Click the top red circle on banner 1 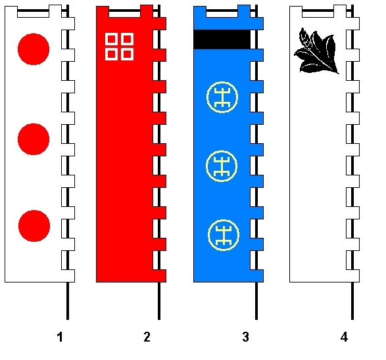[x=34, y=49]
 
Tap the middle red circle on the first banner [x=34, y=139]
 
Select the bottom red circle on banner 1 [x=34, y=226]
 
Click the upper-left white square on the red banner [x=112, y=39]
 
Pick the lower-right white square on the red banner [x=128, y=54]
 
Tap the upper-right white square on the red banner [x=128, y=39]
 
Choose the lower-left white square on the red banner [x=112, y=54]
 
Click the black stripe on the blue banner [x=222, y=39]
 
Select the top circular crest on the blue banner [x=222, y=97]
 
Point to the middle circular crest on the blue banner [x=222, y=166]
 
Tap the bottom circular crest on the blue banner [x=224, y=235]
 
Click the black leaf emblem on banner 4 [x=317, y=51]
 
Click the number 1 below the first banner [x=60, y=337]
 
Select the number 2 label [x=147, y=337]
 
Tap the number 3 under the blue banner [x=245, y=337]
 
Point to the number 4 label [x=344, y=337]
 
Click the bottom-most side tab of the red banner [x=160, y=276]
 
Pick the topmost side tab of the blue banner [x=257, y=24]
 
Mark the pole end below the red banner [x=159, y=319]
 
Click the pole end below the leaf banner [x=352, y=319]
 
